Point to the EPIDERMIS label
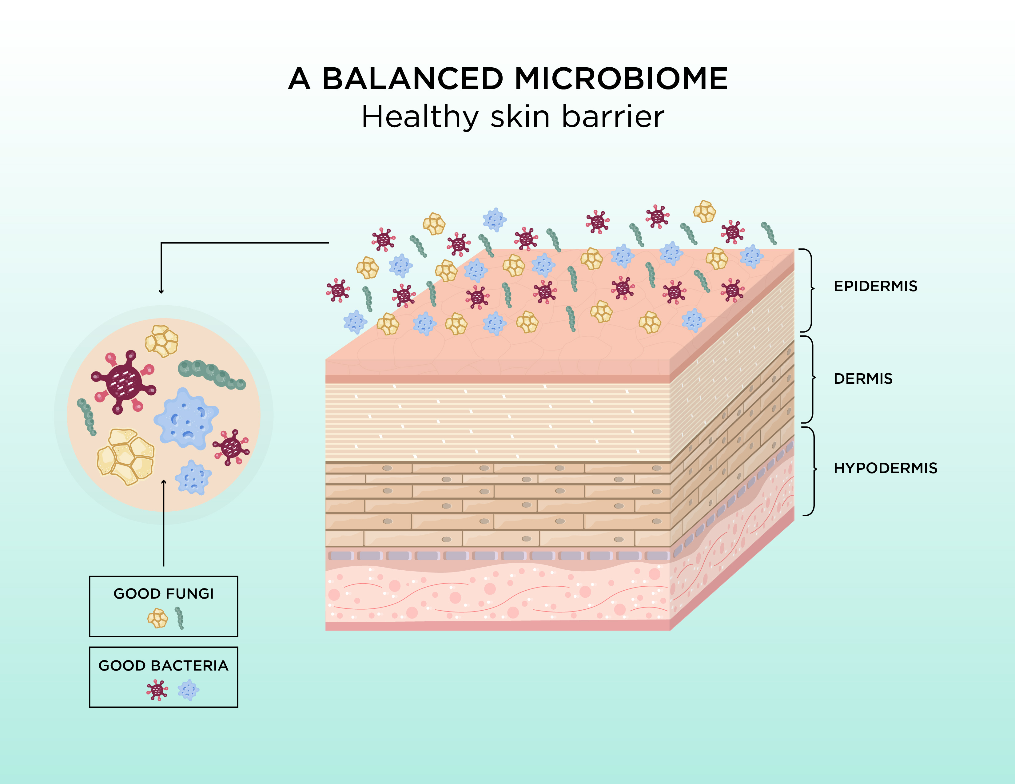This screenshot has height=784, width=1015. point(875,286)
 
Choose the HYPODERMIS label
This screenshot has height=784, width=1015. point(885,468)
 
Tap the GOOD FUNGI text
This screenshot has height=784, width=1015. point(164,594)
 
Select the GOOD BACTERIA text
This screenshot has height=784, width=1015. point(164,666)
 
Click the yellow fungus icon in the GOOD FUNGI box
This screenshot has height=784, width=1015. point(157,619)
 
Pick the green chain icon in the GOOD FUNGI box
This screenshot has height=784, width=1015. point(179,618)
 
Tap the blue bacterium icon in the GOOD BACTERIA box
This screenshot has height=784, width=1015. point(188,690)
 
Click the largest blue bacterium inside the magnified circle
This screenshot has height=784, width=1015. point(186,418)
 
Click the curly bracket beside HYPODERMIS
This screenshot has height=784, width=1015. point(811,470)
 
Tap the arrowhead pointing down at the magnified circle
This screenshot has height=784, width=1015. point(161,291)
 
